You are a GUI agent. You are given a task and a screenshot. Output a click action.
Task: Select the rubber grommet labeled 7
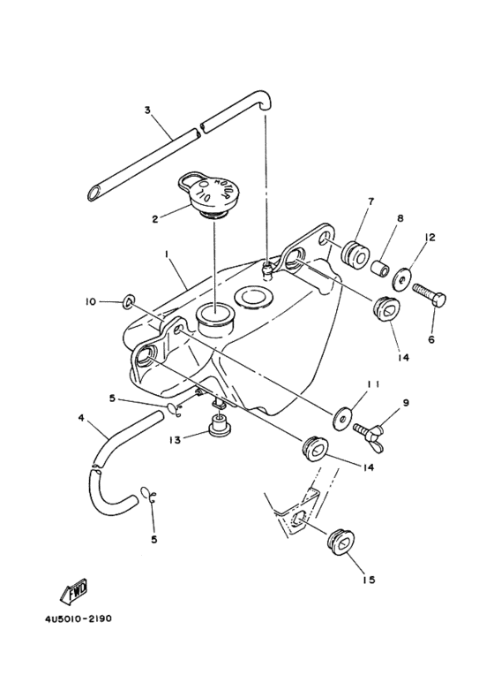point(355,254)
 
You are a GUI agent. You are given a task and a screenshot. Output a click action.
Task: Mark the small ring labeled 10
point(129,303)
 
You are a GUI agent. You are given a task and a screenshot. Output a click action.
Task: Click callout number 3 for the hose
point(148,110)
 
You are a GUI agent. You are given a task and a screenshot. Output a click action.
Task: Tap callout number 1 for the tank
point(165,252)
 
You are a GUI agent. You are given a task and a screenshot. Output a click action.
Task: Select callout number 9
point(405,402)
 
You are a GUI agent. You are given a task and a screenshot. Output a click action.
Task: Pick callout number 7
point(370,201)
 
